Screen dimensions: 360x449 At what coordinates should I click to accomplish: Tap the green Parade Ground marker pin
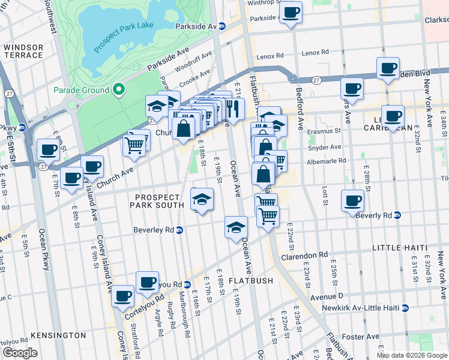tap(119, 90)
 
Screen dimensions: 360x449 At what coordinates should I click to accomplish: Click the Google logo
tap(20, 353)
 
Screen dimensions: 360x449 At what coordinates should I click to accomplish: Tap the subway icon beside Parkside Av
tap(221, 26)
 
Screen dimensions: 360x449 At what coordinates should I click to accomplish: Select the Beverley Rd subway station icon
tap(179, 230)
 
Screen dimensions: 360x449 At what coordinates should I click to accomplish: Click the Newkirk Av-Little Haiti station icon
tap(405, 308)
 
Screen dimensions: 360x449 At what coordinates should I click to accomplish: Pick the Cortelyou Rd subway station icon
tap(187, 284)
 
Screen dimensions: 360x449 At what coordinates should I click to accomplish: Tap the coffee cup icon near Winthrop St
tap(291, 12)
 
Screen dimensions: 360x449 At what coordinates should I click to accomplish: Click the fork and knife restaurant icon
tap(233, 108)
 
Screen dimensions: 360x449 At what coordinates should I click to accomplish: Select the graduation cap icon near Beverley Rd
tap(237, 227)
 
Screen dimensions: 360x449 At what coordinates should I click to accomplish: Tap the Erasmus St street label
tap(325, 130)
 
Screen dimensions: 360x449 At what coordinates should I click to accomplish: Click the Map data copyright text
tap(411, 355)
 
